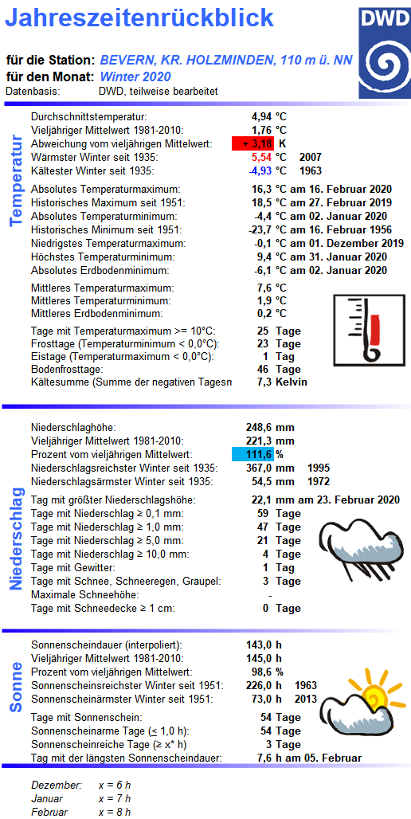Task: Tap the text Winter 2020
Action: (x=135, y=77)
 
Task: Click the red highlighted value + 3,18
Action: (x=252, y=143)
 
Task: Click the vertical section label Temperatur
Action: (x=15, y=181)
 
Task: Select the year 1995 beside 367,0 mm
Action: (x=318, y=468)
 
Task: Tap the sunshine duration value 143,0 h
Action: (x=264, y=645)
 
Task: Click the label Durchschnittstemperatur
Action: (x=89, y=116)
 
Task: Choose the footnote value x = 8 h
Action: (x=115, y=812)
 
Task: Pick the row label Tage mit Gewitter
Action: (x=72, y=567)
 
